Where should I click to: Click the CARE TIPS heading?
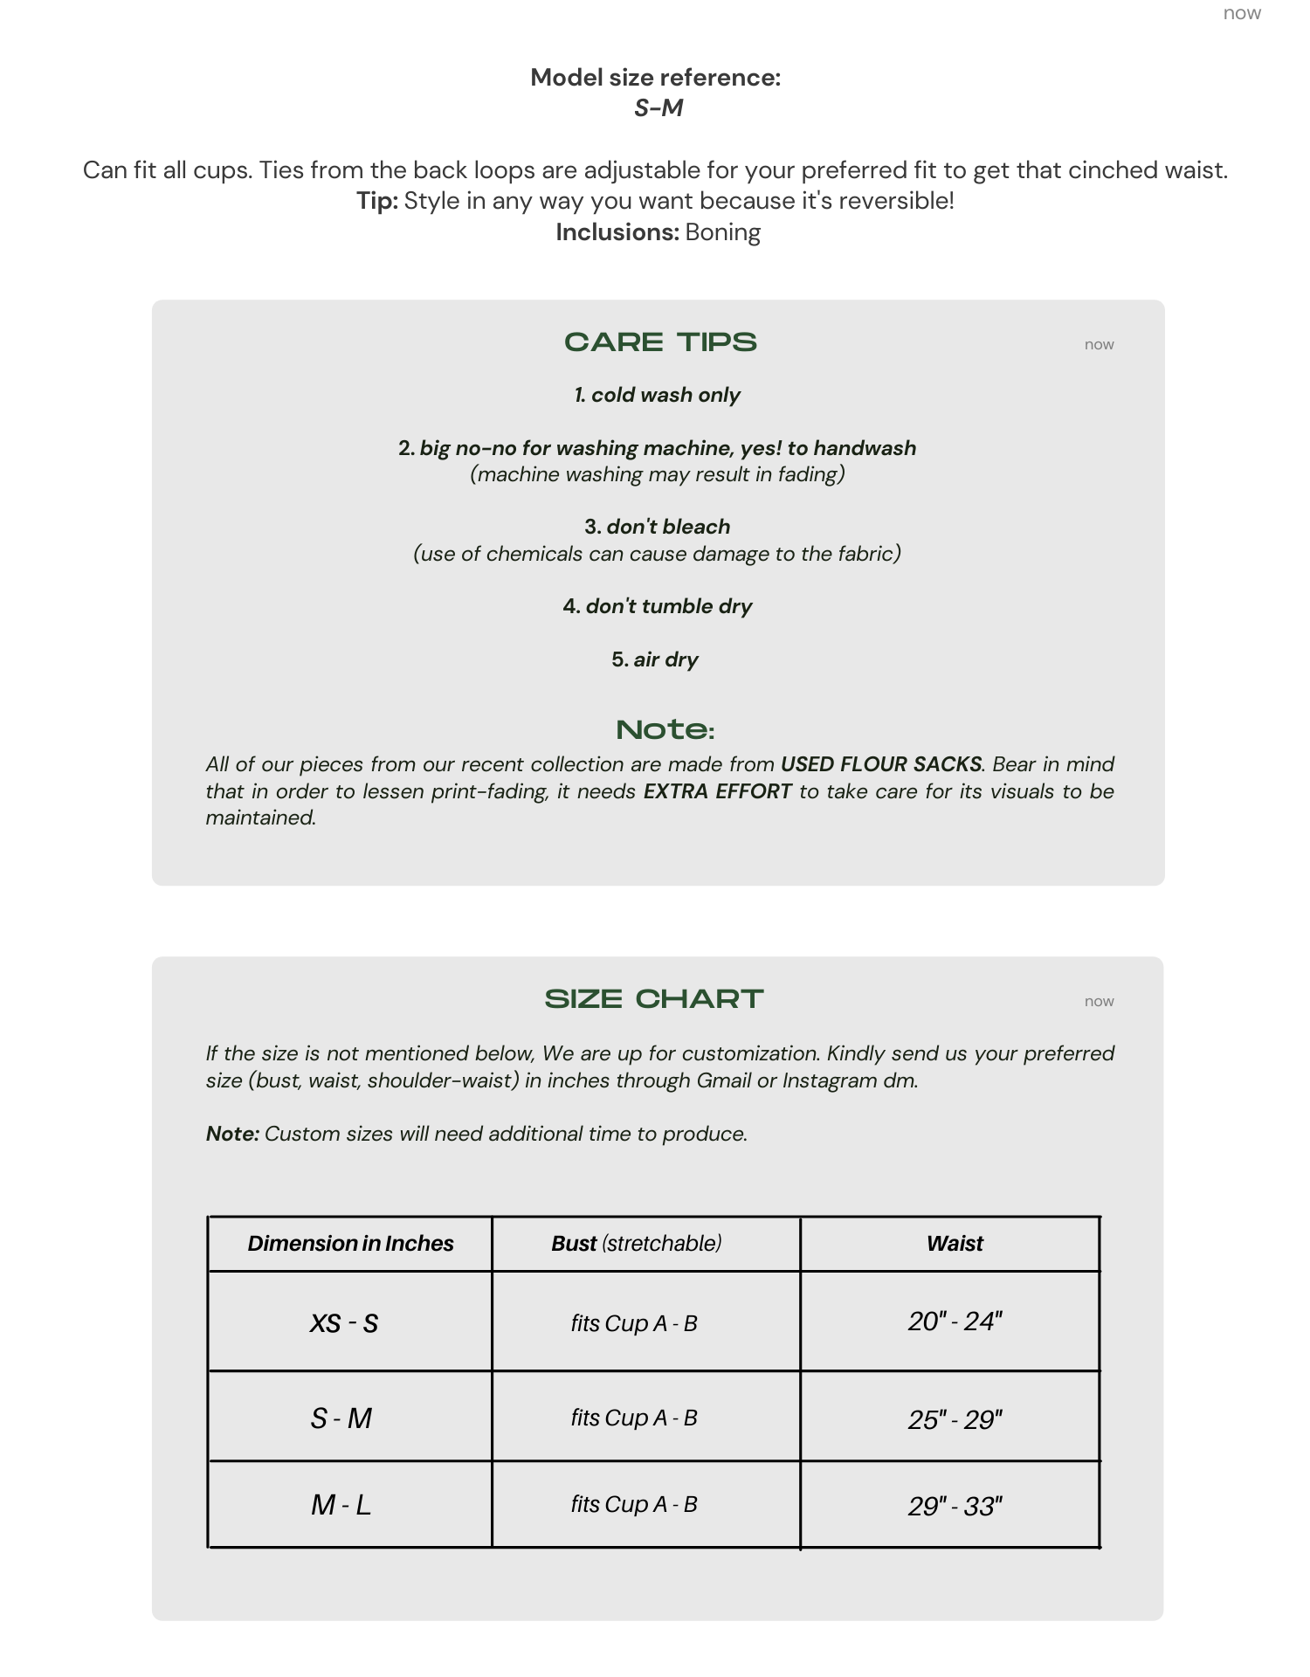[x=660, y=342]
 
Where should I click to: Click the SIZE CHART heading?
[x=654, y=999]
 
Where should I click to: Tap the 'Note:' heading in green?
[x=665, y=730]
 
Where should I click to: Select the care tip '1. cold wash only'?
[x=658, y=395]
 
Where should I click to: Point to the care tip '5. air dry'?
[x=655, y=659]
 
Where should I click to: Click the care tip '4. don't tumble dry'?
[x=658, y=606]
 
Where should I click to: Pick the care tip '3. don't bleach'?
[x=658, y=527]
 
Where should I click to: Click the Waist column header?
[x=955, y=1244]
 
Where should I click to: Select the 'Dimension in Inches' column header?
[x=350, y=1244]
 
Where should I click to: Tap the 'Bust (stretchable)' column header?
[x=637, y=1244]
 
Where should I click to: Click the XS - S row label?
[x=344, y=1323]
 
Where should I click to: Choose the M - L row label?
[x=341, y=1505]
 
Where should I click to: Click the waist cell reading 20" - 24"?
[x=955, y=1322]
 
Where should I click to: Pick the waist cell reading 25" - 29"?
[x=955, y=1419]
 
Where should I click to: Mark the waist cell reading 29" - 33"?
[x=955, y=1507]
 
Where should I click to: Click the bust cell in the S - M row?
[x=634, y=1418]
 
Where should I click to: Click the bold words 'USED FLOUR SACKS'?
[x=881, y=764]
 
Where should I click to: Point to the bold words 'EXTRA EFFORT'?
[x=718, y=791]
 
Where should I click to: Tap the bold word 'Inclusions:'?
[x=617, y=232]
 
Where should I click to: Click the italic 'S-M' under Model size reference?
[x=658, y=108]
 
